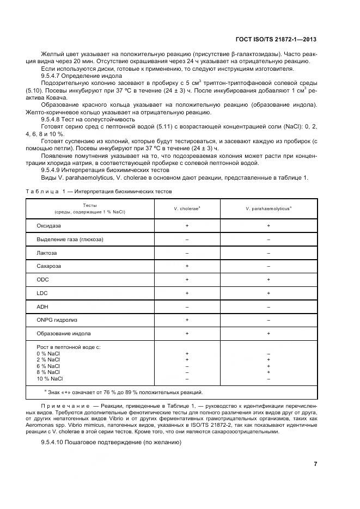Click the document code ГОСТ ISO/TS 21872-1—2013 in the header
pyautogui.click(x=276, y=40)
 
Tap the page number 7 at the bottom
pyautogui.click(x=315, y=464)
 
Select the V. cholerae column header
pyautogui.click(x=187, y=208)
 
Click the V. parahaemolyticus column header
pyautogui.click(x=268, y=208)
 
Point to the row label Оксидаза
pyautogui.click(x=49, y=225)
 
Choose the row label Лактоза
pyautogui.click(x=47, y=253)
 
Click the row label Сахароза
pyautogui.click(x=48, y=266)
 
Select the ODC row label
pyautogui.click(x=43, y=279)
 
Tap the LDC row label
pyautogui.click(x=42, y=293)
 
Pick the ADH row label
pyautogui.click(x=42, y=306)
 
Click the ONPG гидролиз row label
pyautogui.click(x=57, y=320)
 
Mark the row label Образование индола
pyautogui.click(x=64, y=333)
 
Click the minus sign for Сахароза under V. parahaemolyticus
pyautogui.click(x=269, y=266)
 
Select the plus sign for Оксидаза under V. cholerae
pyautogui.click(x=187, y=225)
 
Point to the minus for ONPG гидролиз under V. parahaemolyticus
pyautogui.click(x=269, y=320)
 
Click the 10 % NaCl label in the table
pyautogui.click(x=50, y=378)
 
